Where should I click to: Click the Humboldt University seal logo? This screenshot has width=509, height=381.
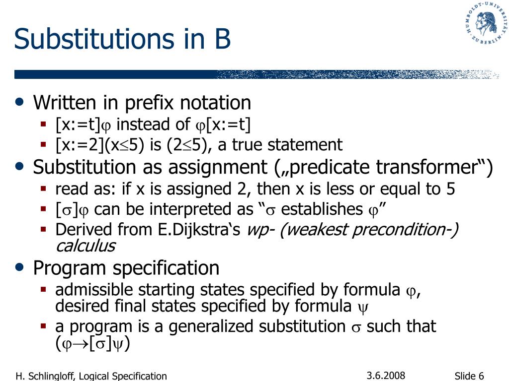[x=486, y=23]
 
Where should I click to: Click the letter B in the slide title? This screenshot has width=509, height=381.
[x=222, y=39]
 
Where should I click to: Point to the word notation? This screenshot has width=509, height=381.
[x=215, y=103]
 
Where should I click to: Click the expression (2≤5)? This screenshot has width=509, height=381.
[x=187, y=145]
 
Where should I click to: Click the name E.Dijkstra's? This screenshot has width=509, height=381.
[x=199, y=230]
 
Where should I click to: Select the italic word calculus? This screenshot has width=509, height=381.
[x=85, y=246]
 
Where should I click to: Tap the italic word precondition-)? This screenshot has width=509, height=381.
[x=406, y=230]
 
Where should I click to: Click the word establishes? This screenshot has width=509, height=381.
[x=322, y=209]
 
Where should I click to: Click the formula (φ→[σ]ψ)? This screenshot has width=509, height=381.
[x=92, y=343]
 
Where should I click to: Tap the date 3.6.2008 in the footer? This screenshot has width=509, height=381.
[x=386, y=376]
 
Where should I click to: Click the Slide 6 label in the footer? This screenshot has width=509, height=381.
[x=469, y=376]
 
